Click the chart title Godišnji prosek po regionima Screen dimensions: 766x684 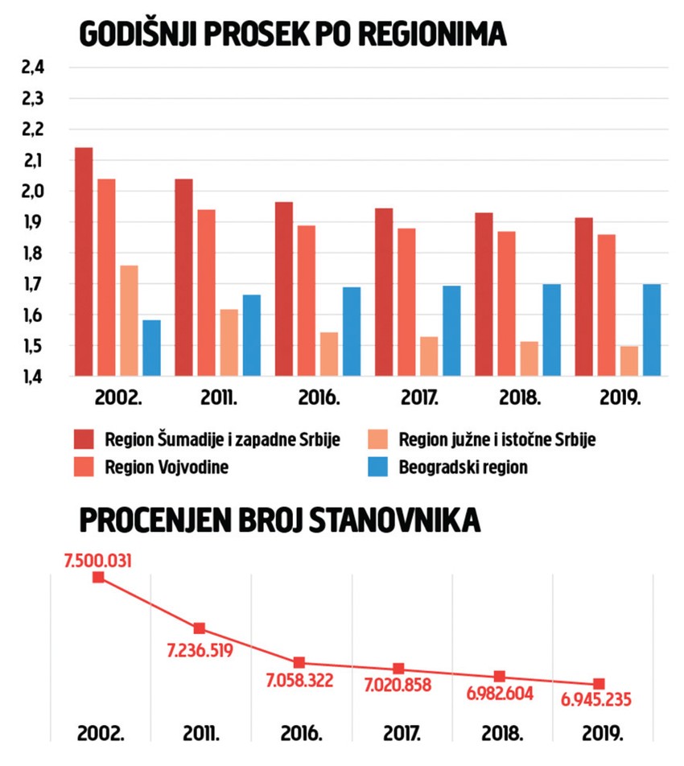(292, 35)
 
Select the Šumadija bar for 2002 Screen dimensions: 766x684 (84, 262)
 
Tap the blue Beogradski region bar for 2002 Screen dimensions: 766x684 (151, 348)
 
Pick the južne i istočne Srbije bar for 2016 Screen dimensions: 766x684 (329, 354)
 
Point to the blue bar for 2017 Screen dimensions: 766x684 (451, 331)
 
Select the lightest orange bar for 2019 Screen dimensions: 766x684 (628, 360)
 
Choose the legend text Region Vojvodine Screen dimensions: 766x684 (167, 467)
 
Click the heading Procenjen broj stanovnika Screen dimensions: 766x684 (279, 521)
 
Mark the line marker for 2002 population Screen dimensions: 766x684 (98, 577)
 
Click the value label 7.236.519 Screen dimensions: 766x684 (200, 650)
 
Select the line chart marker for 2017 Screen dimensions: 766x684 (399, 669)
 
